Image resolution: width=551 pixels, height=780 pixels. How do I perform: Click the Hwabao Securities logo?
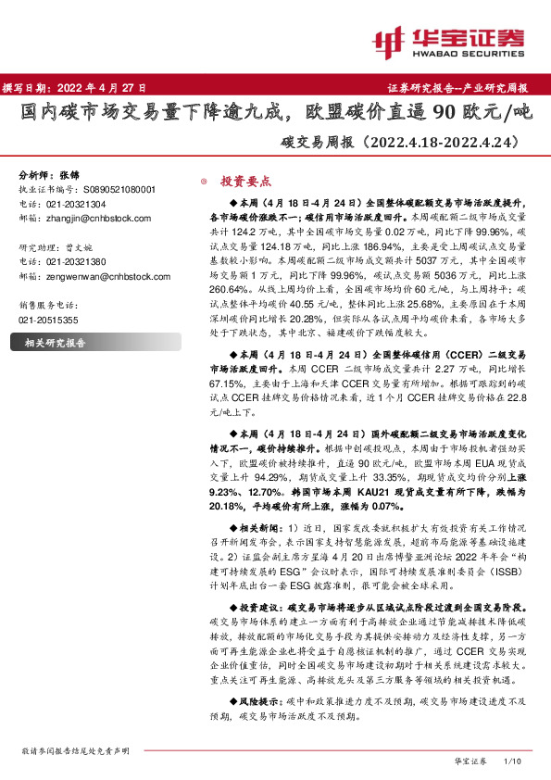click(x=448, y=39)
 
